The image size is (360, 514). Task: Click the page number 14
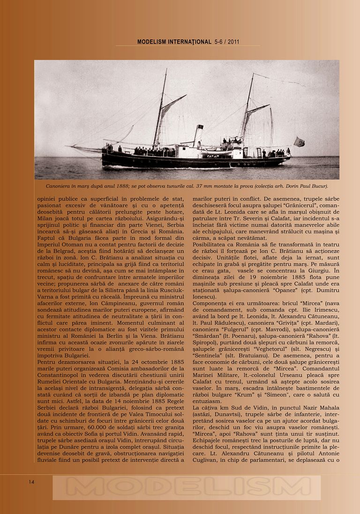click(31, 482)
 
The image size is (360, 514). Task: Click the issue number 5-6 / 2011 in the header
click(227, 42)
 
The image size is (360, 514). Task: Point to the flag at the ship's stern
click(299, 142)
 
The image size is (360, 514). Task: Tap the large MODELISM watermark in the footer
click(187, 487)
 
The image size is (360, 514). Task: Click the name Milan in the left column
click(46, 218)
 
